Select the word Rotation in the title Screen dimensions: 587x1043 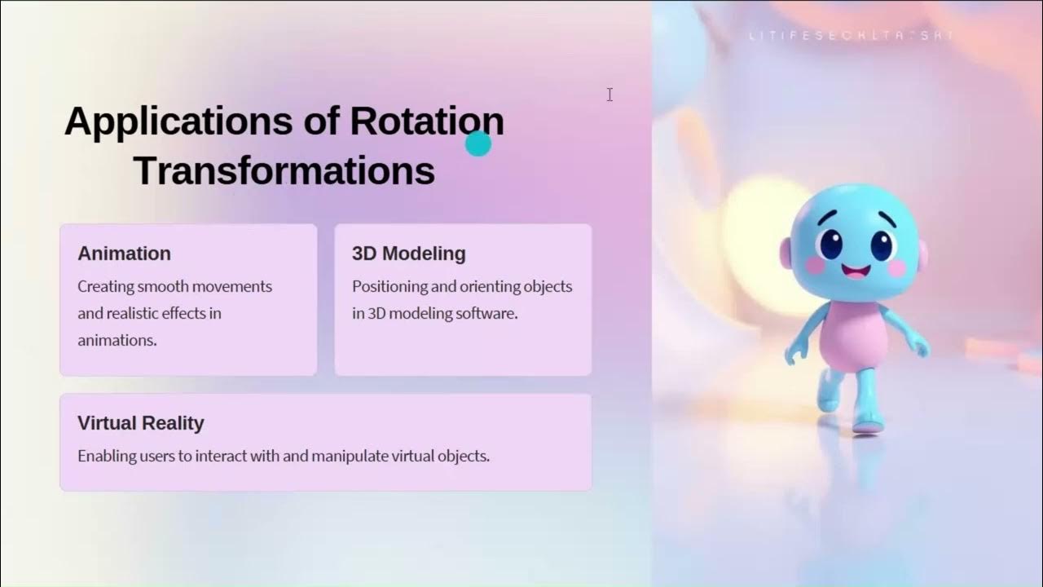[427, 121]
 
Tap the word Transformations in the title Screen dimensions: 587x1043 [284, 172]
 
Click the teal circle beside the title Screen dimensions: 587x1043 [478, 143]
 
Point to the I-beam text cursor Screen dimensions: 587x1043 [610, 95]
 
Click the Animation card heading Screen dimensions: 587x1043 [124, 254]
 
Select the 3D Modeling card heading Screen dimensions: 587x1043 [408, 254]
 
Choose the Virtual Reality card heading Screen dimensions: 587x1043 [140, 423]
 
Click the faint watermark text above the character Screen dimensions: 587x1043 [851, 36]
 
